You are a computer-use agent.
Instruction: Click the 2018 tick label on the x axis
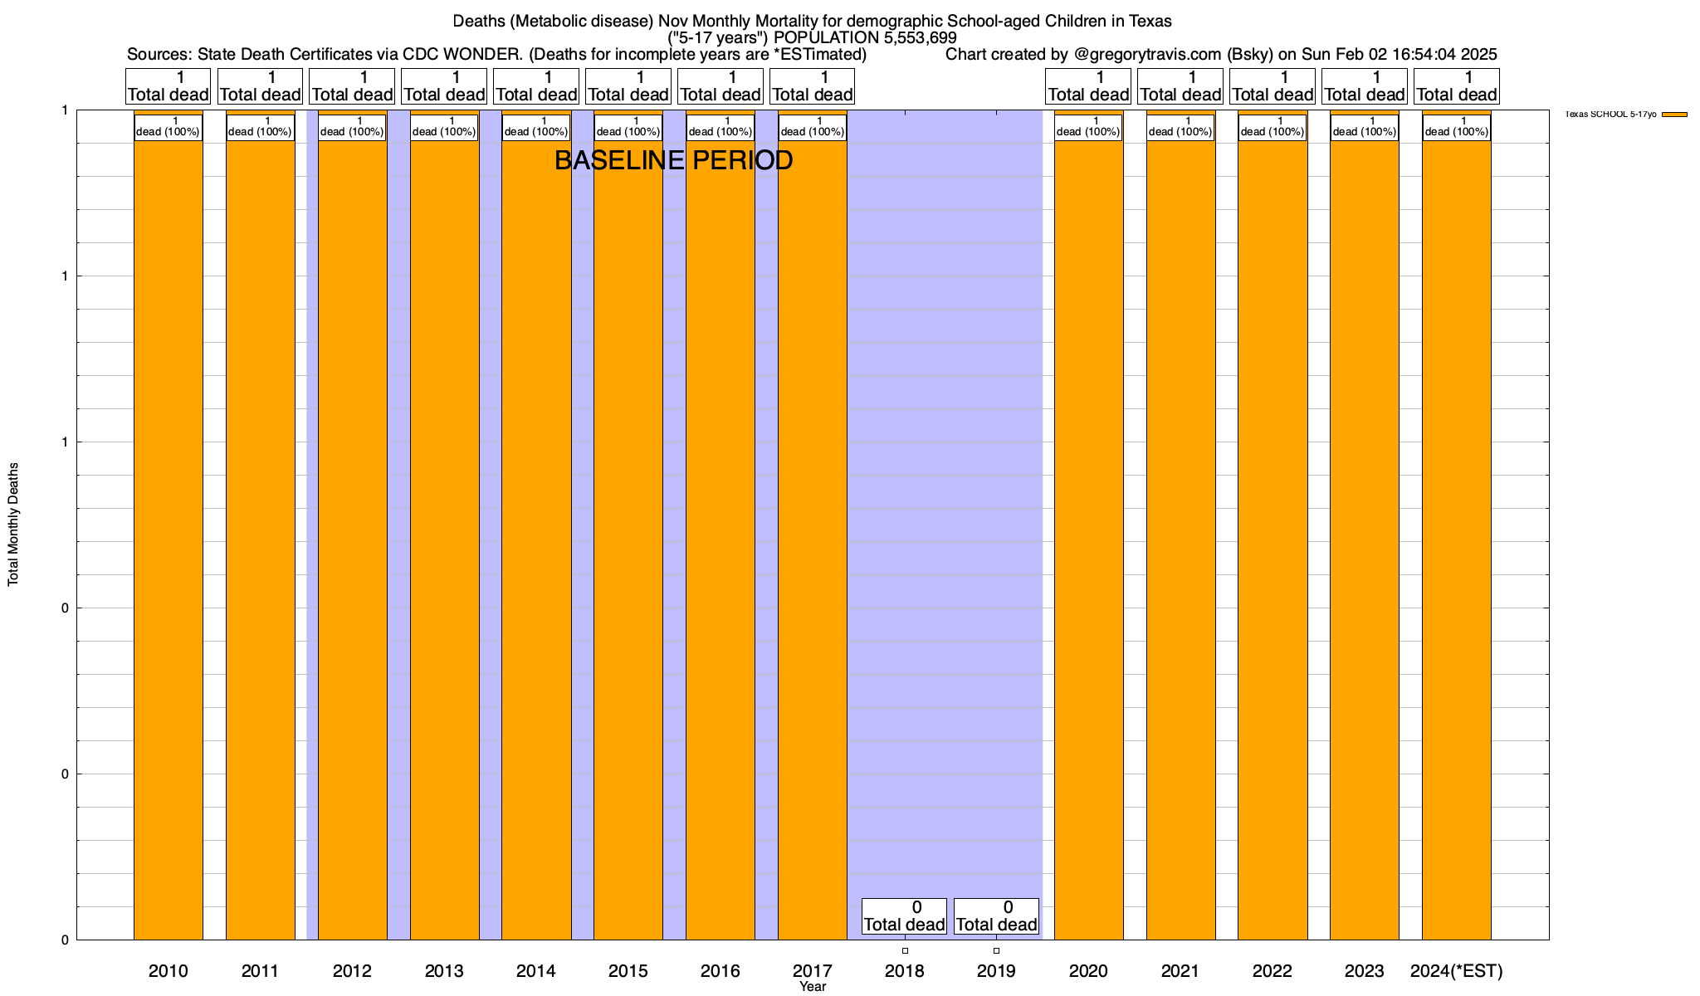click(905, 970)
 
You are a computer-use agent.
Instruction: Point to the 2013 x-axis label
click(444, 970)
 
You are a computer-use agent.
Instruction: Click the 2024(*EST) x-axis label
click(1457, 970)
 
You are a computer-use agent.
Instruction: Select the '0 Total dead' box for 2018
click(904, 915)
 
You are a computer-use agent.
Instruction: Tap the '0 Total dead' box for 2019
click(996, 915)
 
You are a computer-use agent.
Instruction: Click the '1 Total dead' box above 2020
click(1088, 86)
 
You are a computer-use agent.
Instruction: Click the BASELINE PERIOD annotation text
click(673, 160)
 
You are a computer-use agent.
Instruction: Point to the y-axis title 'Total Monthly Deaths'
click(13, 525)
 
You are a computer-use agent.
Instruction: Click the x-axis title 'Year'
click(813, 986)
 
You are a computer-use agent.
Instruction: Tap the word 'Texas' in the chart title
click(1149, 21)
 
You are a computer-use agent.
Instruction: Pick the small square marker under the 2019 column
click(996, 950)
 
